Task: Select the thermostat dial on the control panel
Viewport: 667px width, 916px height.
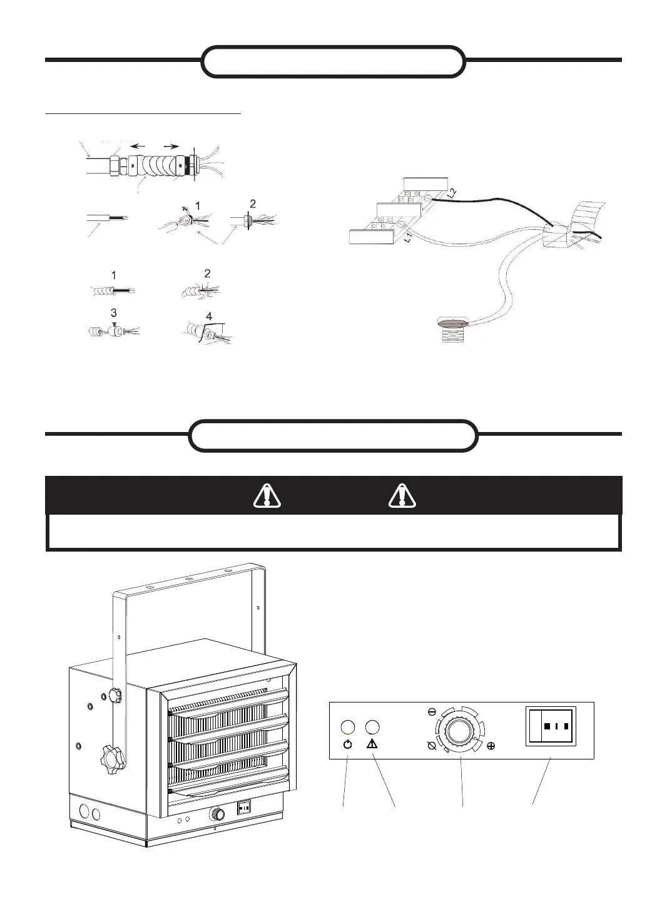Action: coord(461,730)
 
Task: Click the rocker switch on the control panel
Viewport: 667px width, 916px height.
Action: coord(551,727)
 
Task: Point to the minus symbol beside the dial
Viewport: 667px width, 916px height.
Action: coord(432,712)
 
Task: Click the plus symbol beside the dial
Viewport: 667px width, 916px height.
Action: coord(491,746)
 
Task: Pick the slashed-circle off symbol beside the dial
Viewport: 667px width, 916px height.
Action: coord(431,746)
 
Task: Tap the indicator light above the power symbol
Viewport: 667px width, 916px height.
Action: coord(348,728)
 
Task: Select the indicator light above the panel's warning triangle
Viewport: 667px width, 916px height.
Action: coord(372,728)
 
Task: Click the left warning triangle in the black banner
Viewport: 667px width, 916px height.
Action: coord(267,496)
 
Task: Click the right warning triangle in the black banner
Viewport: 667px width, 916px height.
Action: coord(402,496)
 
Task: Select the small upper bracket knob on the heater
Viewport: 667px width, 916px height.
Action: coord(115,695)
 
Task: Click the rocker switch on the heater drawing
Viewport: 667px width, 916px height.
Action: coord(245,808)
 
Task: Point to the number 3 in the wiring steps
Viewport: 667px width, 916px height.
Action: coord(113,312)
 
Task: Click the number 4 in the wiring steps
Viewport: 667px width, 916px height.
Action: coord(209,317)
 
